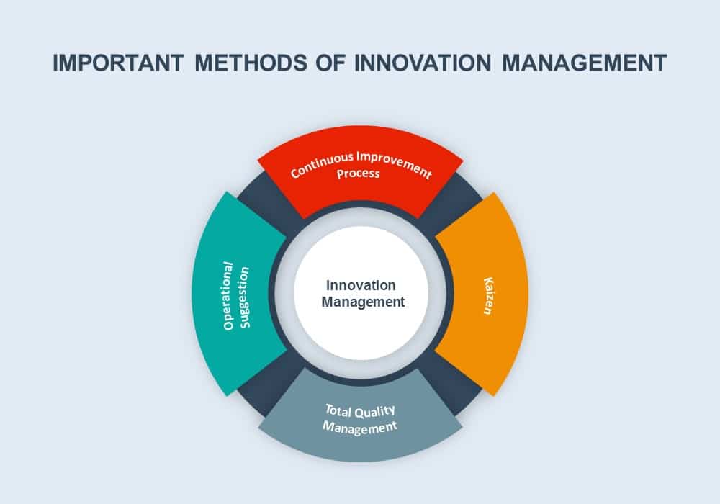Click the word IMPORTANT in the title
119,63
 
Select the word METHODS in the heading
251,63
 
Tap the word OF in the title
330,63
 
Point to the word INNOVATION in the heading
423,63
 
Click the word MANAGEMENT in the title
584,63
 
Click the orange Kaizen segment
487,294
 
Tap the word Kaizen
489,296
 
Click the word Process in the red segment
358,174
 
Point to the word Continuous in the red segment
323,166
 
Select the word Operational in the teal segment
228,296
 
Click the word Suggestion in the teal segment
244,297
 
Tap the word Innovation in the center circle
361,286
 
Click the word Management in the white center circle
363,302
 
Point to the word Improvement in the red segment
395,164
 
